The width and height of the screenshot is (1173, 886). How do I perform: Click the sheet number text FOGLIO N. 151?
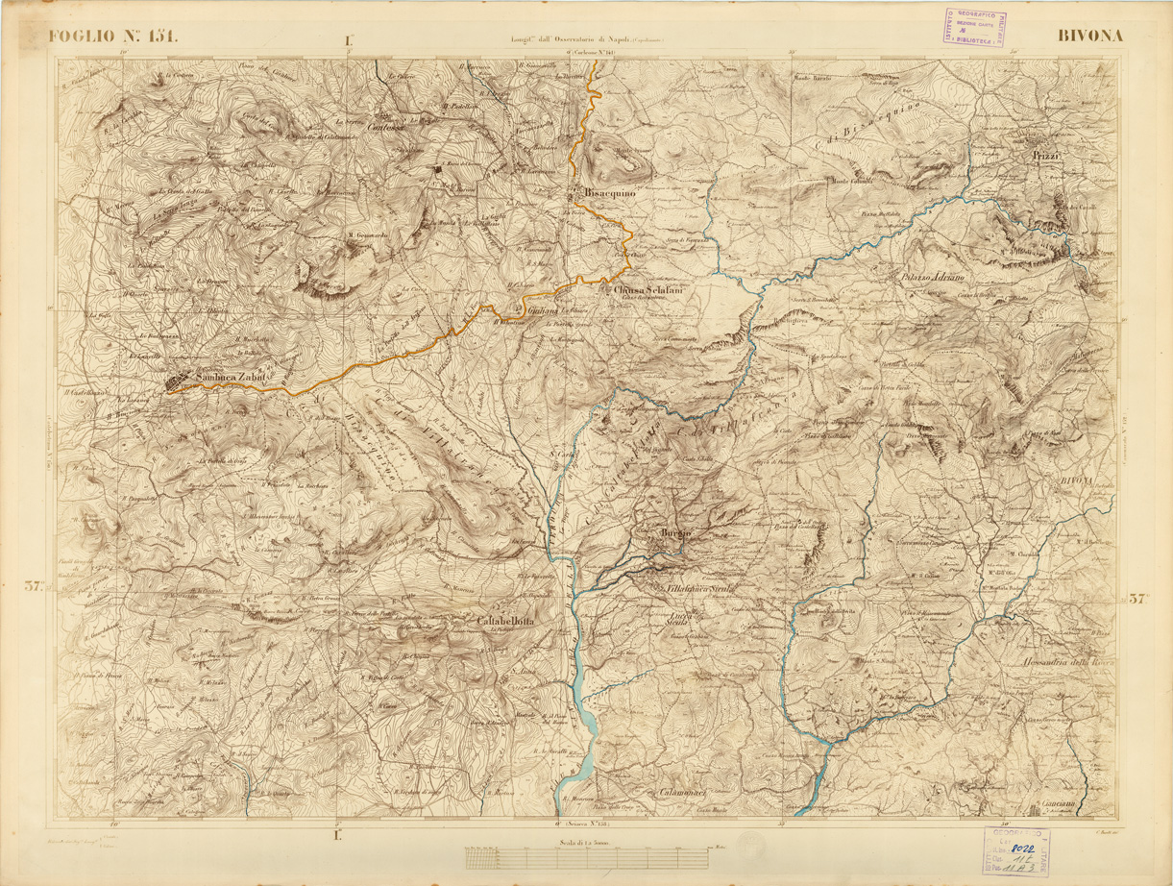113,37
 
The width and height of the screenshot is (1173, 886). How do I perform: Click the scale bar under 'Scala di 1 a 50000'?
588,854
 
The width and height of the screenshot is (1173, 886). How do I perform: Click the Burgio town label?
676,533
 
